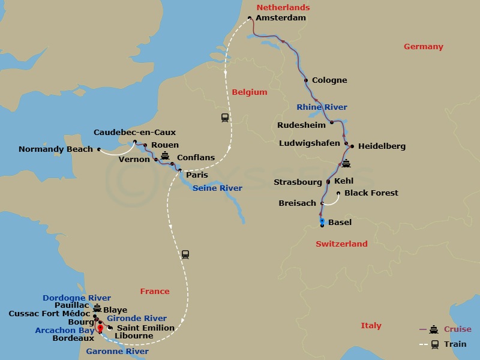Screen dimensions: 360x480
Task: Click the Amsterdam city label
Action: (280, 18)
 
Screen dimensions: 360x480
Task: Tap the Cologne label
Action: (329, 80)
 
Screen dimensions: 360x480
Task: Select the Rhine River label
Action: (322, 107)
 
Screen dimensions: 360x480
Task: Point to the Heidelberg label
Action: (382, 146)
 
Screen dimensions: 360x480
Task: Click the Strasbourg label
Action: (298, 182)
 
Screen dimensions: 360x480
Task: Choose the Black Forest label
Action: (371, 193)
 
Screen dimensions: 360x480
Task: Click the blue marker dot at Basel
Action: (322, 221)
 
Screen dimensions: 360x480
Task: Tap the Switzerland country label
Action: (341, 244)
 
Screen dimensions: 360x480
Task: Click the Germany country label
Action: (423, 47)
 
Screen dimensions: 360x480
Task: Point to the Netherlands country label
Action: (283, 8)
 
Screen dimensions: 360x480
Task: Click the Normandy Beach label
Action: (56, 149)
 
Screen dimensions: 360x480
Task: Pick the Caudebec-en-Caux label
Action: (134, 133)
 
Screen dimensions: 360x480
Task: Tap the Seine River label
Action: (217, 188)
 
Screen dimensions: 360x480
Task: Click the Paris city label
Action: (197, 175)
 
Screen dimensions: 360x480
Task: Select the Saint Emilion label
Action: (145, 328)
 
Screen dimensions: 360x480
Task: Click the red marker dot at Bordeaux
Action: (100, 328)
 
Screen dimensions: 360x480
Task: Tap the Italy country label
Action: (371, 326)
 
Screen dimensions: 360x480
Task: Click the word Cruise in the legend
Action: (457, 329)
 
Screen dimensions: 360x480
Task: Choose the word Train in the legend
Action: (455, 344)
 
